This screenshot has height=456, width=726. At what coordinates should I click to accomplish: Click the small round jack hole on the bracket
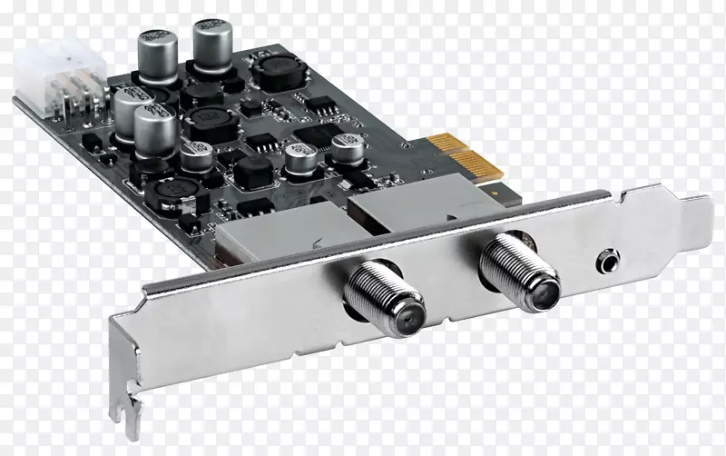coord(605,263)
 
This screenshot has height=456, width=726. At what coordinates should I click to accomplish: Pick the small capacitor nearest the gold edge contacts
coord(346,148)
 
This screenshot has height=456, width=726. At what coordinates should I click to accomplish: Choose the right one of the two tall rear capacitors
coord(211,41)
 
